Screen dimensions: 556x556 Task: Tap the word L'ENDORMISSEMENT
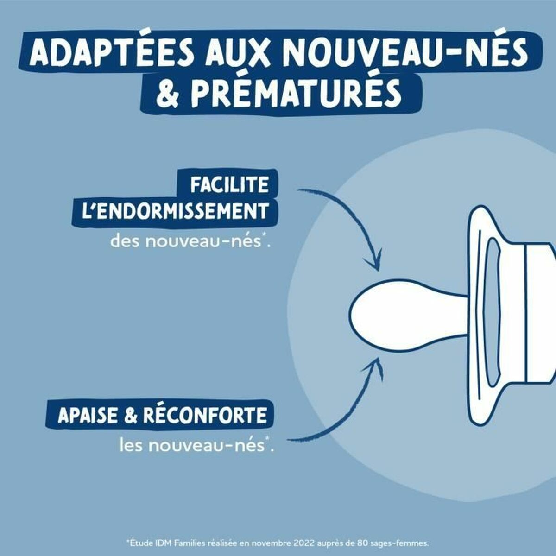(x=175, y=211)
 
